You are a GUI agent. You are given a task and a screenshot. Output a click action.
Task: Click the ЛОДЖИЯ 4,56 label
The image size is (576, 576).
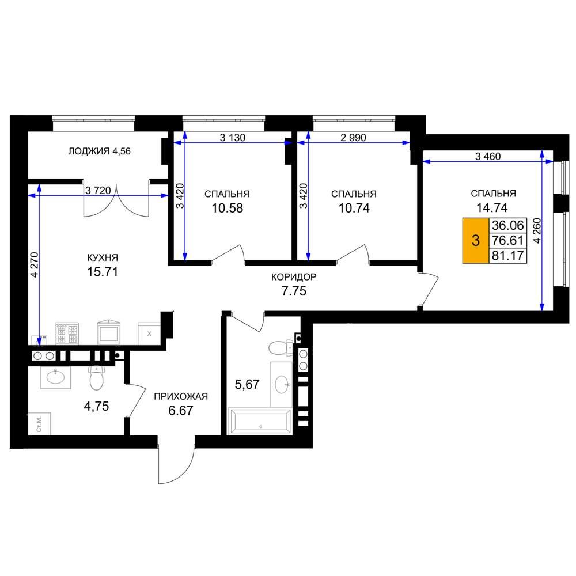click(x=99, y=151)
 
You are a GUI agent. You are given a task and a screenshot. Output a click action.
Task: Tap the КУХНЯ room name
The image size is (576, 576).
click(x=103, y=257)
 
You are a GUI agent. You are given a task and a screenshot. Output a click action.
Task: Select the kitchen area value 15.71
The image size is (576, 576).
click(x=103, y=272)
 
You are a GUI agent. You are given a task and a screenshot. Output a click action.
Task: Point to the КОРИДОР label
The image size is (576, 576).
click(x=294, y=277)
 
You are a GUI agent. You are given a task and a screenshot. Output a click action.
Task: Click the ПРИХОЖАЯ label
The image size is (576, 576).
click(x=181, y=396)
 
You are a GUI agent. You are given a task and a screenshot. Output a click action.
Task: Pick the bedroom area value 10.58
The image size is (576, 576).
click(x=227, y=209)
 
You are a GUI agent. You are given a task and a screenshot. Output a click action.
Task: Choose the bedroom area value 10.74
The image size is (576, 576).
click(x=354, y=209)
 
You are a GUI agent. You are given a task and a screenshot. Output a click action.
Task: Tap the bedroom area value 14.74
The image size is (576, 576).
click(x=492, y=207)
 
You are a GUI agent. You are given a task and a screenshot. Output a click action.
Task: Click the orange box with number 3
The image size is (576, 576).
click(x=475, y=241)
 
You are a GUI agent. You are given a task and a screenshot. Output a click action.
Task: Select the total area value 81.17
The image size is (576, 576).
click(x=507, y=255)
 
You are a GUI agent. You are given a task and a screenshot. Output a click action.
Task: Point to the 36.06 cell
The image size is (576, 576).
click(x=507, y=225)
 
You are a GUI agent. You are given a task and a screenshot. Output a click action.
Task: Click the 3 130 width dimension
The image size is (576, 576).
click(x=233, y=138)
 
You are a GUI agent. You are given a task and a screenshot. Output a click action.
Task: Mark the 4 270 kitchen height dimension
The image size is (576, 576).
click(x=34, y=265)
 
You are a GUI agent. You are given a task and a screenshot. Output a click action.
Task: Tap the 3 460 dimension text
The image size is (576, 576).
click(x=488, y=157)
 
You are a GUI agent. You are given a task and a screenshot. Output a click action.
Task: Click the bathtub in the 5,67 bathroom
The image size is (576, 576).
click(x=260, y=421)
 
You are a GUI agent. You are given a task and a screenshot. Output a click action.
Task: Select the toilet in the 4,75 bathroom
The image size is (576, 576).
click(x=97, y=378)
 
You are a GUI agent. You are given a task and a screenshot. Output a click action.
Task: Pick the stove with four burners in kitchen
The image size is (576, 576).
click(x=67, y=334)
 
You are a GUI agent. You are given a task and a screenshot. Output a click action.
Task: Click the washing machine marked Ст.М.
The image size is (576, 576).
click(x=39, y=424)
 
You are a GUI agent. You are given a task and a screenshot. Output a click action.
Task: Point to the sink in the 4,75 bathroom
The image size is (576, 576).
click(x=55, y=377)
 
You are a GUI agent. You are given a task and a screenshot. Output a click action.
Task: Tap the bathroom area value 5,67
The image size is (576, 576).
click(x=247, y=385)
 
